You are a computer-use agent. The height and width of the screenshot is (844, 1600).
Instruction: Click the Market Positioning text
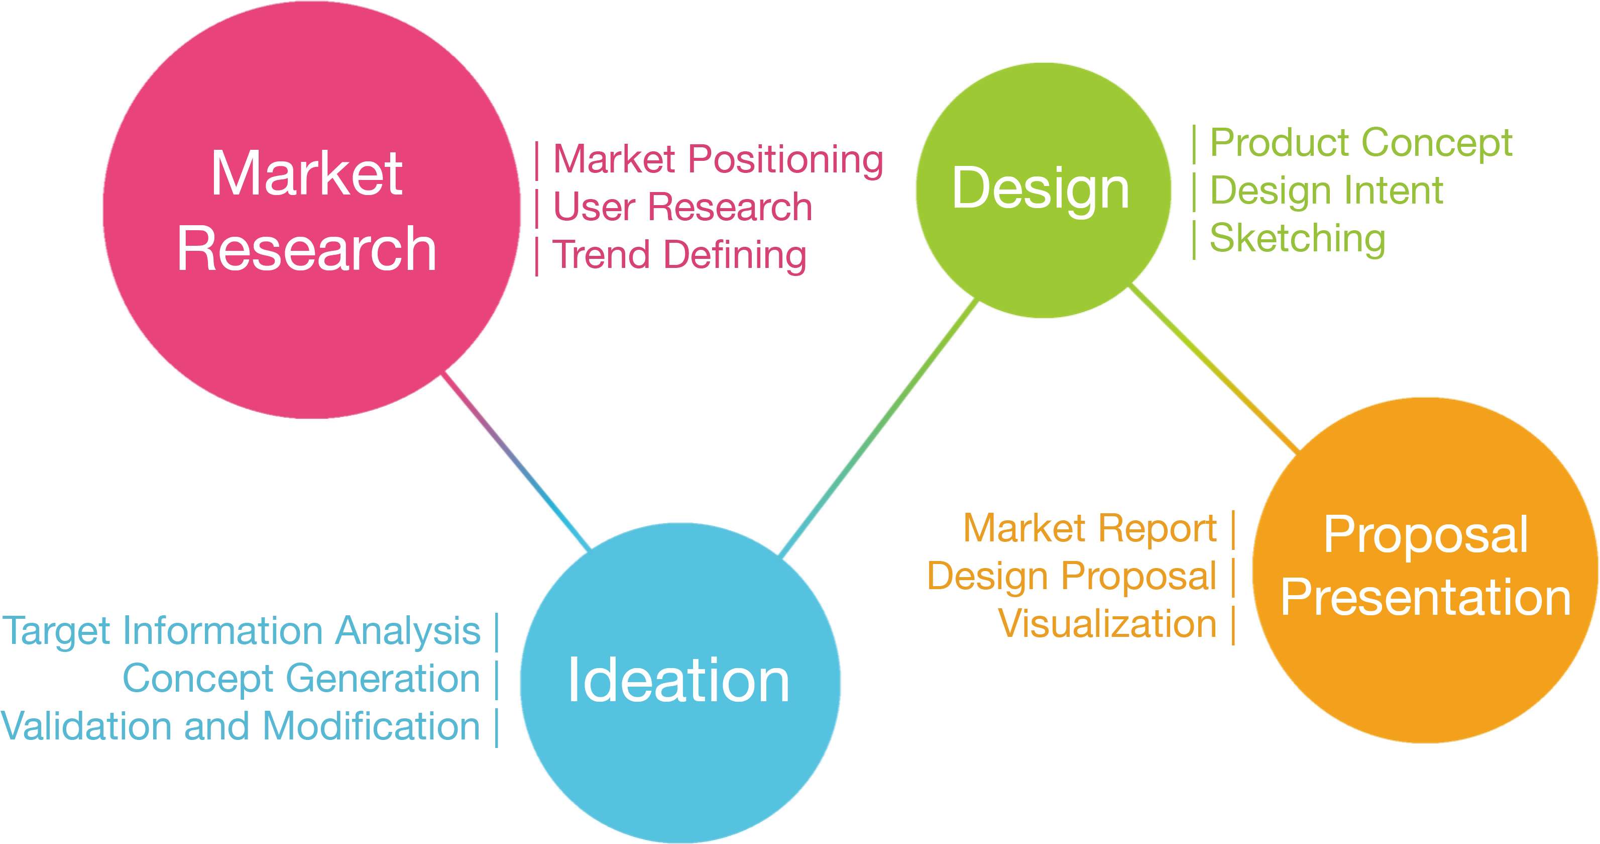click(x=718, y=160)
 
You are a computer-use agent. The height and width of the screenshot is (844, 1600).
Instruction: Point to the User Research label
click(x=682, y=207)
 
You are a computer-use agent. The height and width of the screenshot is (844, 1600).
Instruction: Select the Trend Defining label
click(x=679, y=255)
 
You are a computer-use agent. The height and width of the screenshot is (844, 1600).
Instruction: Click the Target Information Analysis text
click(x=242, y=631)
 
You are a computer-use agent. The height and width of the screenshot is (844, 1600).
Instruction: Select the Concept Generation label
click(x=302, y=679)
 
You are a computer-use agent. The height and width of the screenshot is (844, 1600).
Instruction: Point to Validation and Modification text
click(x=241, y=726)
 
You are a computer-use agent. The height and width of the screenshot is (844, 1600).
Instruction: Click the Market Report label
click(x=1090, y=529)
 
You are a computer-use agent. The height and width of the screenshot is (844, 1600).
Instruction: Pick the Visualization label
click(x=1107, y=624)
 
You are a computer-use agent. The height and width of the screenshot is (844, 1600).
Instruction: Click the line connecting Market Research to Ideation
click(x=516, y=463)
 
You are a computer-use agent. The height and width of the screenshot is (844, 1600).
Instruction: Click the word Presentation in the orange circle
click(x=1425, y=598)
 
